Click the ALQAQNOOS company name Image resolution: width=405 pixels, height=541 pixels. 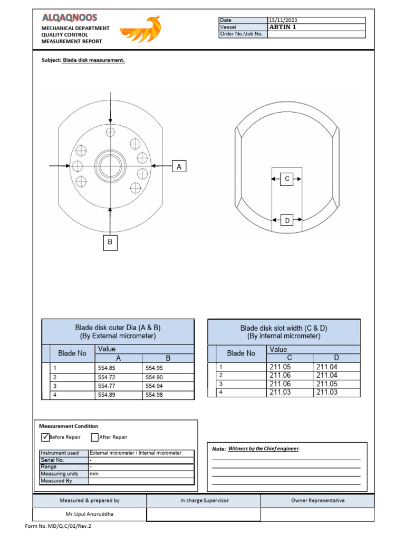pos(70,18)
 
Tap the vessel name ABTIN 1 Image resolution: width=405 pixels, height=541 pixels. pos(283,27)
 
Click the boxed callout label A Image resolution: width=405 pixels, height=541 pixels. pos(179,167)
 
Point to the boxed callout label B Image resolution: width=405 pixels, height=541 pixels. pos(110,242)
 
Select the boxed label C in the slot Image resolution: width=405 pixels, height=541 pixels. pos(287,179)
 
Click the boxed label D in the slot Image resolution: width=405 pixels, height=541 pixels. pos(287,220)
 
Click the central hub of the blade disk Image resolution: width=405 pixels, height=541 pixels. pos(110,164)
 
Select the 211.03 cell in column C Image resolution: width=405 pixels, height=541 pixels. pos(280,392)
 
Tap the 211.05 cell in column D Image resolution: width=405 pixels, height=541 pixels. pos(327,384)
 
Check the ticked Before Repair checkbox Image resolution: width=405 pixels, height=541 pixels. pos(45,437)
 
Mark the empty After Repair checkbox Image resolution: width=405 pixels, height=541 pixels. pos(94,437)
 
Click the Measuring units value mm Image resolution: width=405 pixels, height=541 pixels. pos(94,474)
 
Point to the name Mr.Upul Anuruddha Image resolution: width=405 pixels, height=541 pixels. pos(90,514)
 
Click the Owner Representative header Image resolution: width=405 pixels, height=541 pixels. pos(317,500)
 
